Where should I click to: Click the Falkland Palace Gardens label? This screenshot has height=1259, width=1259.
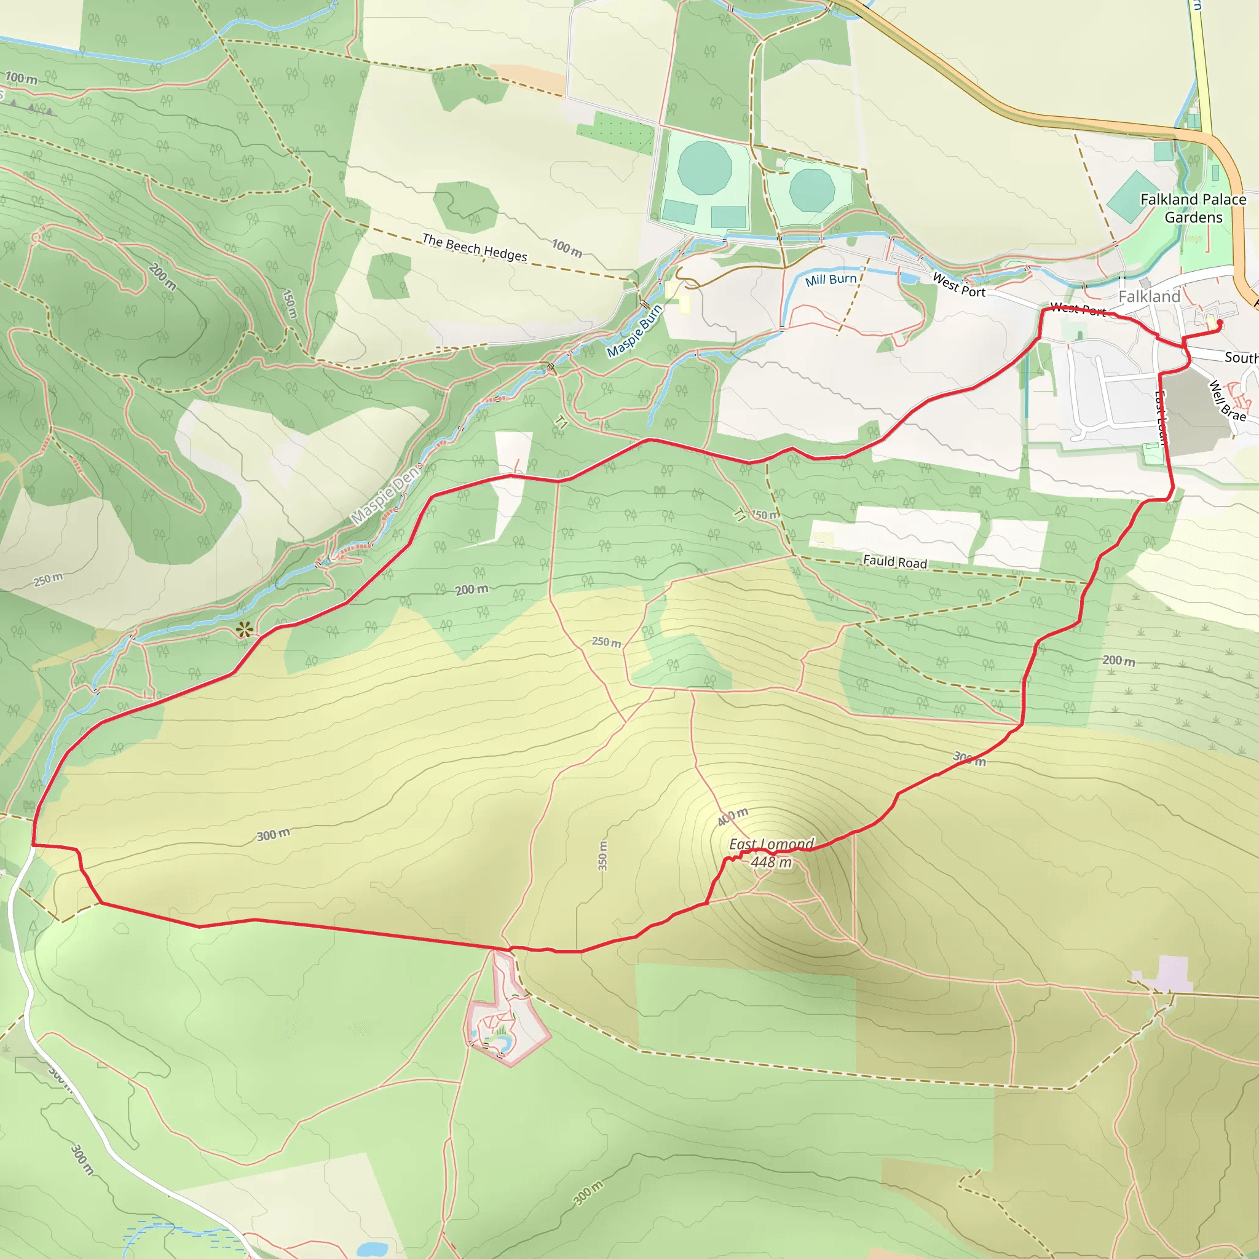click(x=1193, y=208)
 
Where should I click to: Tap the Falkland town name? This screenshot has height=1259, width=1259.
click(x=1149, y=296)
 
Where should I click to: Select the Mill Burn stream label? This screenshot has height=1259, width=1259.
click(x=831, y=280)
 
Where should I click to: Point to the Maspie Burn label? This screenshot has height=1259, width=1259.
click(x=634, y=331)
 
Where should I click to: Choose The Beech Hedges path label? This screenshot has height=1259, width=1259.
click(x=475, y=248)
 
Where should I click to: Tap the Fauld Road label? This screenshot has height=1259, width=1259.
click(x=894, y=562)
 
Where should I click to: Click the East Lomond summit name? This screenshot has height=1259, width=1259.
click(x=772, y=845)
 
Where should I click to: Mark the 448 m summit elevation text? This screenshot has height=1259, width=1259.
click(x=772, y=862)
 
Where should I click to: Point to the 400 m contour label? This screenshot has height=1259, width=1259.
click(x=733, y=816)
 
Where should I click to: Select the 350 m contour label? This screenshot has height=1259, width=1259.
click(x=603, y=856)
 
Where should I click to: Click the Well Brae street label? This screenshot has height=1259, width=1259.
click(x=1228, y=401)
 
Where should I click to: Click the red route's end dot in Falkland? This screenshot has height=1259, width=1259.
click(x=1219, y=322)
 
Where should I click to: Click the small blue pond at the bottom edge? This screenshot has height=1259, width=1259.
click(x=373, y=1249)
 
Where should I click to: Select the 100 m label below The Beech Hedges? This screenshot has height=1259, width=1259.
click(x=567, y=248)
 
